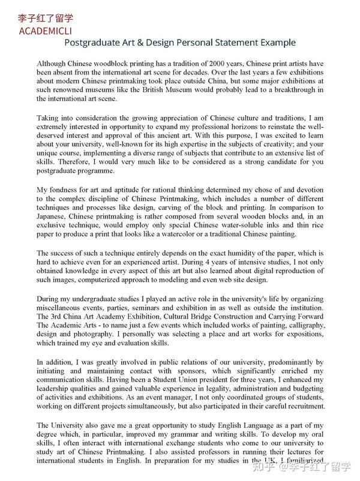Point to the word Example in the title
[275, 43]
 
